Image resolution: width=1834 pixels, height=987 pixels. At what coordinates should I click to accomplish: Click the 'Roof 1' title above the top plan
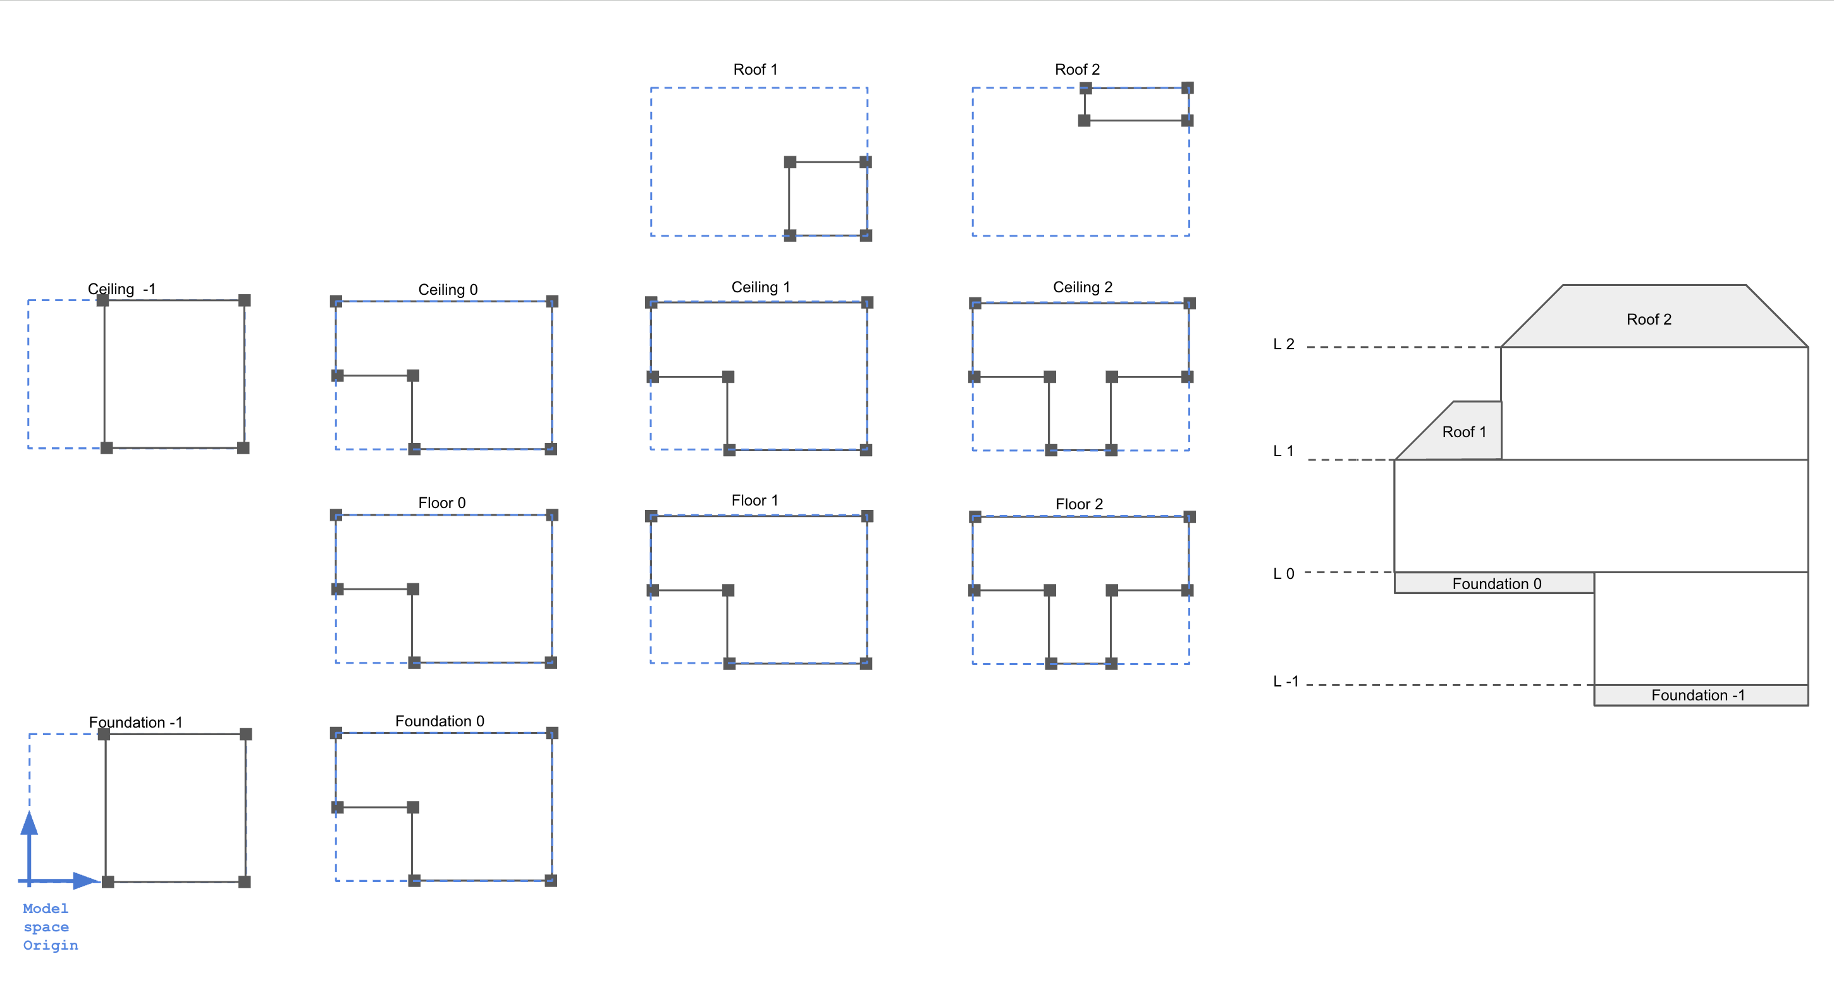[754, 69]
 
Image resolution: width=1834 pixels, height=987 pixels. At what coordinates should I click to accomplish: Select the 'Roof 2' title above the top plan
[1076, 69]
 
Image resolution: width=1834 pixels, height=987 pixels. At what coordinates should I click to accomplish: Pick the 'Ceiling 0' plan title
[447, 289]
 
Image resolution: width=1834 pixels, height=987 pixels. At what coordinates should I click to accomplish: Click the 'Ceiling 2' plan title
[1082, 287]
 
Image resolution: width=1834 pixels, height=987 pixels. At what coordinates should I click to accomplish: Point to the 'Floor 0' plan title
[441, 503]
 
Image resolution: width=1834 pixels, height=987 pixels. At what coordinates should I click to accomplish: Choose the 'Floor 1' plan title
[754, 500]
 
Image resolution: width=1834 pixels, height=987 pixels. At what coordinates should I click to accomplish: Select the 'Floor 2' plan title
[1079, 504]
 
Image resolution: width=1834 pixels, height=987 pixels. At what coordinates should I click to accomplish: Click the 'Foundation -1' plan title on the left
[135, 722]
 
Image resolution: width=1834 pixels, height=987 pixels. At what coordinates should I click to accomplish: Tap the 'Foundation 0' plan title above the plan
[440, 721]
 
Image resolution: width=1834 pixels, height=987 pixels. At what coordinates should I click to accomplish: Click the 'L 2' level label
[1283, 345]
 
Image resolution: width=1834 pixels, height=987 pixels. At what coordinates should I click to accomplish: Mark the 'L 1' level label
[1283, 450]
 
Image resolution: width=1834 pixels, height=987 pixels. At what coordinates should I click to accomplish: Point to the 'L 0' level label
[1283, 574]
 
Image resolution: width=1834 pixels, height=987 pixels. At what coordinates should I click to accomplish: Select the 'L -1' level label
[1285, 681]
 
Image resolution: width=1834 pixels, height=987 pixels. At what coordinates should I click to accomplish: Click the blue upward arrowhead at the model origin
[29, 824]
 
